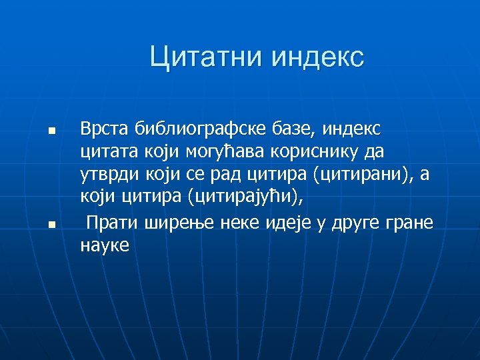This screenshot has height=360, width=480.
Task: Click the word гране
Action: tap(409, 223)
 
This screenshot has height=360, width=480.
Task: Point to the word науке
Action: tap(105, 246)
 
